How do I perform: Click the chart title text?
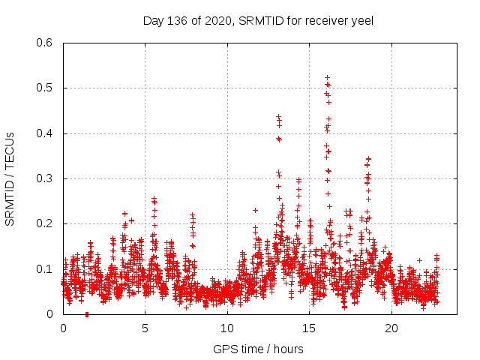click(x=258, y=21)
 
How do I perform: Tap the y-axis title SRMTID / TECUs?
click(x=10, y=179)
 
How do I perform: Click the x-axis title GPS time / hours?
click(x=258, y=349)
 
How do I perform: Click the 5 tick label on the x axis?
click(x=145, y=328)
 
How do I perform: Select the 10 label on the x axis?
click(x=227, y=328)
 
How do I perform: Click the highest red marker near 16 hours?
click(x=327, y=77)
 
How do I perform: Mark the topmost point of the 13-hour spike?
click(x=278, y=117)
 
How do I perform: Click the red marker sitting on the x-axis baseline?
click(x=87, y=314)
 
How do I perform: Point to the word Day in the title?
click(x=153, y=21)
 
